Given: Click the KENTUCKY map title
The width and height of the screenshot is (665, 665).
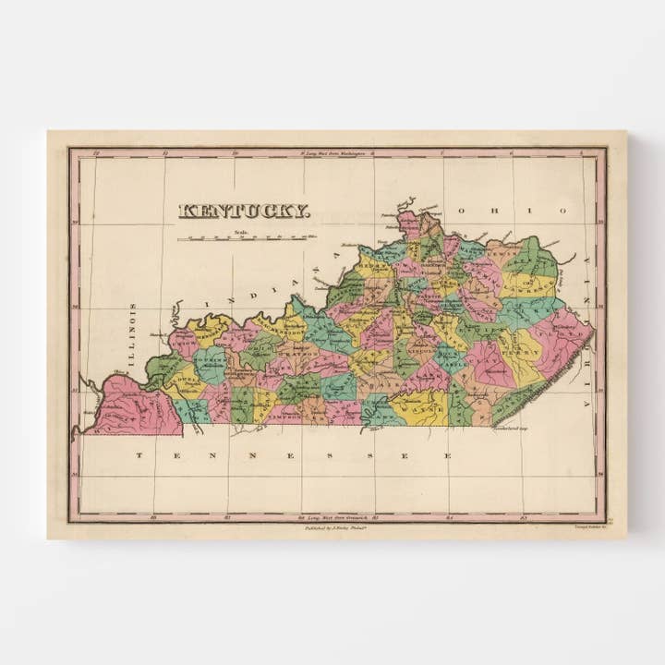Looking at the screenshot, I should click(244, 211).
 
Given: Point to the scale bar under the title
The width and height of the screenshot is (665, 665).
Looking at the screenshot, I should click(246, 238).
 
